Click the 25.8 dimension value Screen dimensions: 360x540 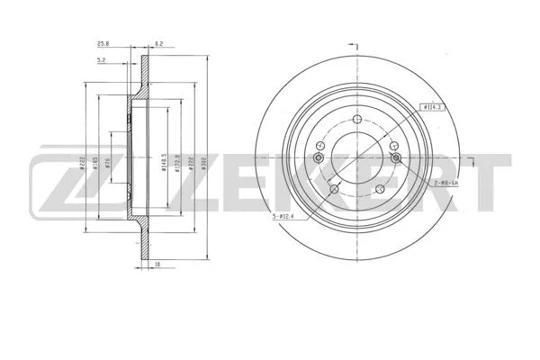pyautogui.click(x=104, y=42)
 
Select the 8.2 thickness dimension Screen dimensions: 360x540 pyautogui.click(x=158, y=42)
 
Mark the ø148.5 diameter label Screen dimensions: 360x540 pyautogui.click(x=164, y=161)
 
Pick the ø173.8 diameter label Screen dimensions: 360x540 pyautogui.click(x=178, y=161)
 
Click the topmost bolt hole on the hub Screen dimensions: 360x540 pyautogui.click(x=358, y=123)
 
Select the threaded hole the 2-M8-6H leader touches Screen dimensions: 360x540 pyautogui.click(x=397, y=159)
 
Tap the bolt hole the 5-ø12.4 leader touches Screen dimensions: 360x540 pyautogui.click(x=336, y=189)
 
